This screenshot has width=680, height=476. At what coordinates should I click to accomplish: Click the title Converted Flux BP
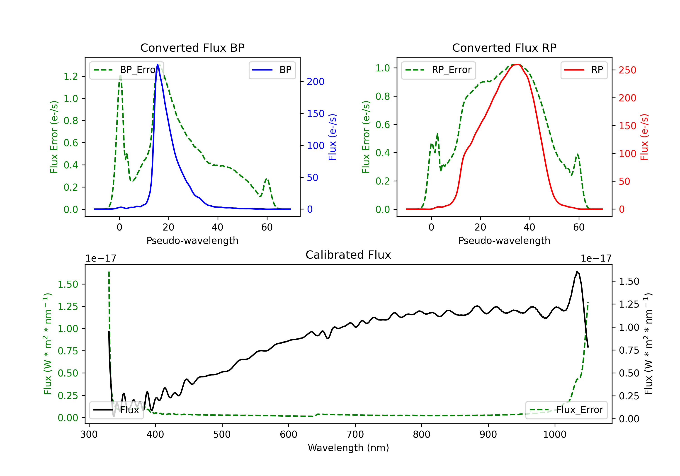point(192,48)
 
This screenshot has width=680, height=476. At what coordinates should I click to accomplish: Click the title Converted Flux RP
point(504,48)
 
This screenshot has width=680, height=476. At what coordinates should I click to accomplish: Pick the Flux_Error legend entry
point(566,410)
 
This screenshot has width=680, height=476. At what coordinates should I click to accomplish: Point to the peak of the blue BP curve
point(158,64)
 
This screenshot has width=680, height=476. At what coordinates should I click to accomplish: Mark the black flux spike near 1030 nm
point(577,271)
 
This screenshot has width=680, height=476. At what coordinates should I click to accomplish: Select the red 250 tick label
point(627,70)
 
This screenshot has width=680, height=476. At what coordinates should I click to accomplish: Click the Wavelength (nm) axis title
point(348,448)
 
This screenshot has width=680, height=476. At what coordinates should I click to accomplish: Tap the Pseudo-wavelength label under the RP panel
point(504,240)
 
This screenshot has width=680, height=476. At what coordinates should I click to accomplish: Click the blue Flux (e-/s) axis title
point(332,137)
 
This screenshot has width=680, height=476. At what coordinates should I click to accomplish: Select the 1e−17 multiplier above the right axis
point(596,258)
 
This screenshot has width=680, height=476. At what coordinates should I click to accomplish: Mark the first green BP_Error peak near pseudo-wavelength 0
point(120,75)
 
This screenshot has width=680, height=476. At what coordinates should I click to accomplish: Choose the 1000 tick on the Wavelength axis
point(554,434)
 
